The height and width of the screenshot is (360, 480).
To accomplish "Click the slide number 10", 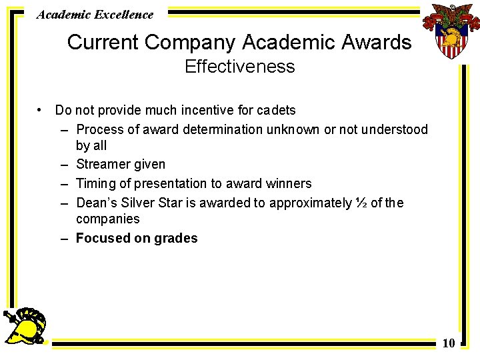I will [x=449, y=343].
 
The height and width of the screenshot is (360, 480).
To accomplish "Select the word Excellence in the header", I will [x=122, y=14].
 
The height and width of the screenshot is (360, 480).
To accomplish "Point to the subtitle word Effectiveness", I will [x=239, y=67].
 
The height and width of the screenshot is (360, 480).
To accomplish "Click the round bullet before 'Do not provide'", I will [x=41, y=109].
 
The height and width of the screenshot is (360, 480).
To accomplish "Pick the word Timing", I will [x=94, y=183].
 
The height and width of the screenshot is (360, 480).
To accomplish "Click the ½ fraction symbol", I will [x=361, y=203].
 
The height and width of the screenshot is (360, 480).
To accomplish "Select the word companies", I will [x=108, y=219].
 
